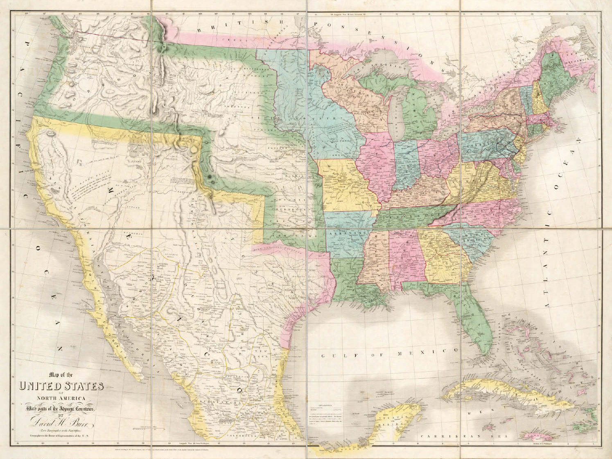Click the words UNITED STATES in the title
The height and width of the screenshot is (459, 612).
click(61, 386)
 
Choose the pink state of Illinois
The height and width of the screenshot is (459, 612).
click(377, 164)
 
